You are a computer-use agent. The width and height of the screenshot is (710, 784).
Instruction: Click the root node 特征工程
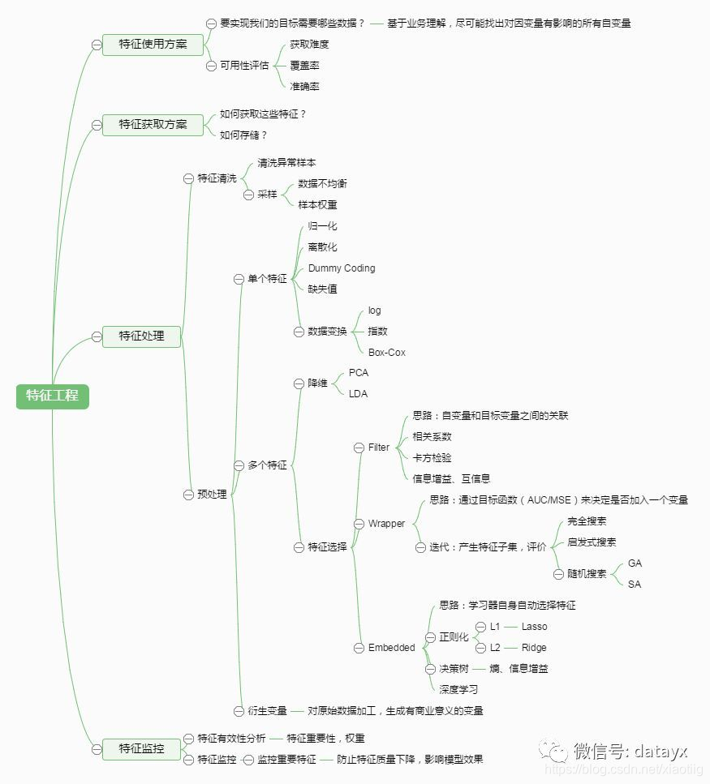[52, 396]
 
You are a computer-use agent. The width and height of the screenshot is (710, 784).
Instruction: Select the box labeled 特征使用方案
[153, 44]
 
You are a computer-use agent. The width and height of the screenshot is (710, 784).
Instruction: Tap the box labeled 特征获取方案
[153, 124]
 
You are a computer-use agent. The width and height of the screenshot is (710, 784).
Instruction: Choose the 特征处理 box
[141, 336]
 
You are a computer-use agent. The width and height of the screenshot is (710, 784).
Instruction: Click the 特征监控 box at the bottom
[141, 748]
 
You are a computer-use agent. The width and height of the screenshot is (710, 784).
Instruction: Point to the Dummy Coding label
[342, 268]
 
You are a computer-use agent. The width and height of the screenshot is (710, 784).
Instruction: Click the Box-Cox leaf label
[387, 353]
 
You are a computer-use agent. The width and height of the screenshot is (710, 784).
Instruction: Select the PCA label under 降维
[358, 373]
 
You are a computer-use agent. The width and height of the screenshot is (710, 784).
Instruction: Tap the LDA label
[358, 394]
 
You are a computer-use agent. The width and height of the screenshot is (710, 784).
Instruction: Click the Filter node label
[379, 448]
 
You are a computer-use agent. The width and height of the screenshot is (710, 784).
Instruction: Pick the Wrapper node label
[386, 524]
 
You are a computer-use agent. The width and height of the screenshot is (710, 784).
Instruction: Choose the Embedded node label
[391, 648]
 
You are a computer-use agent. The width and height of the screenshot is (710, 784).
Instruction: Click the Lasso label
[534, 627]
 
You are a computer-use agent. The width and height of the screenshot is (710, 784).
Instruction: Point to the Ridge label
[534, 648]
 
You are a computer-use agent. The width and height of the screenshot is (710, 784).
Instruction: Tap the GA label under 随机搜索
[635, 563]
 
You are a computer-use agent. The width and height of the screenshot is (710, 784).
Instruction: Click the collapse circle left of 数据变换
[299, 332]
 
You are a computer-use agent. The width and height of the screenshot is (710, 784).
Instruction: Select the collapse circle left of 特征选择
[299, 547]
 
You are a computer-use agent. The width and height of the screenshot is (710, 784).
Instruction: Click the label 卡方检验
[432, 458]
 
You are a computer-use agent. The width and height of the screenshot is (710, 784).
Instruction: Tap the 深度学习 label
[458, 690]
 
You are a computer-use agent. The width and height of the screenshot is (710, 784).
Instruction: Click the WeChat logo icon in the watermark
[555, 750]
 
